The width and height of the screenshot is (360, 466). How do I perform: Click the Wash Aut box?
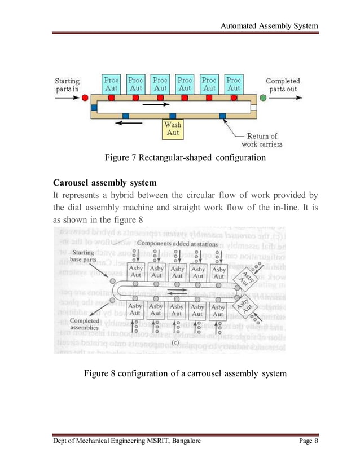tap(173, 129)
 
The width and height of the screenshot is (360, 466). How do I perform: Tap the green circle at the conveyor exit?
tap(263, 98)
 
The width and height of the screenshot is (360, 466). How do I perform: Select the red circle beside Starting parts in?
tap(85, 98)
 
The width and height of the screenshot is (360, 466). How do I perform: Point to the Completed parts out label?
tap(283, 85)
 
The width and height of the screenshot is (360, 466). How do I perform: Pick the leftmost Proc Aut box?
tap(112, 84)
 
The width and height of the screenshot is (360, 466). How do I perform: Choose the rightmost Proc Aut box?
tap(234, 84)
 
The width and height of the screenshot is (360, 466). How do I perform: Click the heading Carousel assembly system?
tap(104, 183)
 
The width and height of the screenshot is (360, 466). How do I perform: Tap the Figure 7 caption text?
tap(185, 157)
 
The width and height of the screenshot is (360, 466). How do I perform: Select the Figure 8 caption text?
tap(185, 373)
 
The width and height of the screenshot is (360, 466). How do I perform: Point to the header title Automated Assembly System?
tap(269, 26)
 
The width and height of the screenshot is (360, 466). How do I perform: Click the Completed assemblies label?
tap(85, 324)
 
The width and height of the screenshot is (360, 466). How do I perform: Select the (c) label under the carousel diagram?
tap(176, 341)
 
